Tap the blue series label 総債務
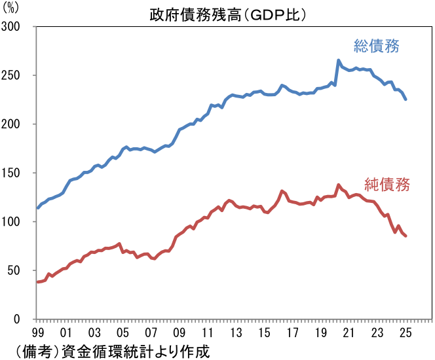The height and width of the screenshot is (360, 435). pyautogui.click(x=377, y=46)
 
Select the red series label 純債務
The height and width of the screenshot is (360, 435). pyautogui.click(x=387, y=184)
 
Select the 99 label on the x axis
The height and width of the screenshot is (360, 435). pyautogui.click(x=39, y=333)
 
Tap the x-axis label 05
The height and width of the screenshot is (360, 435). pyautogui.click(x=123, y=333)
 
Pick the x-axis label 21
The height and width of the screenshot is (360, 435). pyautogui.click(x=349, y=333)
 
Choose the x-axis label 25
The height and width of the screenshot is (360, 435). pyautogui.click(x=406, y=333)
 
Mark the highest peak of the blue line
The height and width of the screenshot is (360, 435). pyautogui.click(x=339, y=60)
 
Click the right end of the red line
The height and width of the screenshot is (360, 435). pyautogui.click(x=406, y=236)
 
